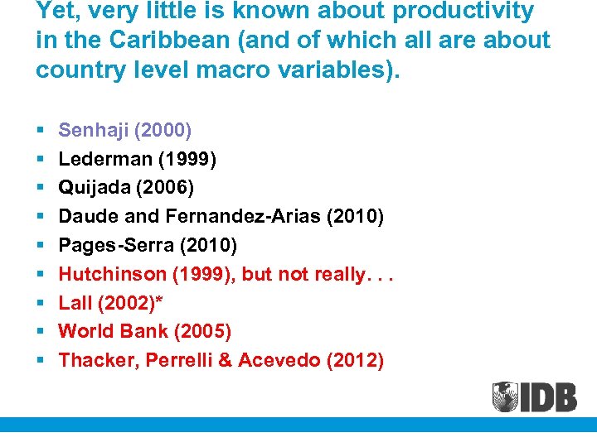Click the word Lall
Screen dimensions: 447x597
pyautogui.click(x=75, y=303)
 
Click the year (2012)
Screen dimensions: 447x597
pyautogui.click(x=356, y=360)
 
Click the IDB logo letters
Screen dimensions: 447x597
pyautogui.click(x=549, y=397)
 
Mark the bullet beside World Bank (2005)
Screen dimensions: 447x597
pyautogui.click(x=40, y=333)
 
